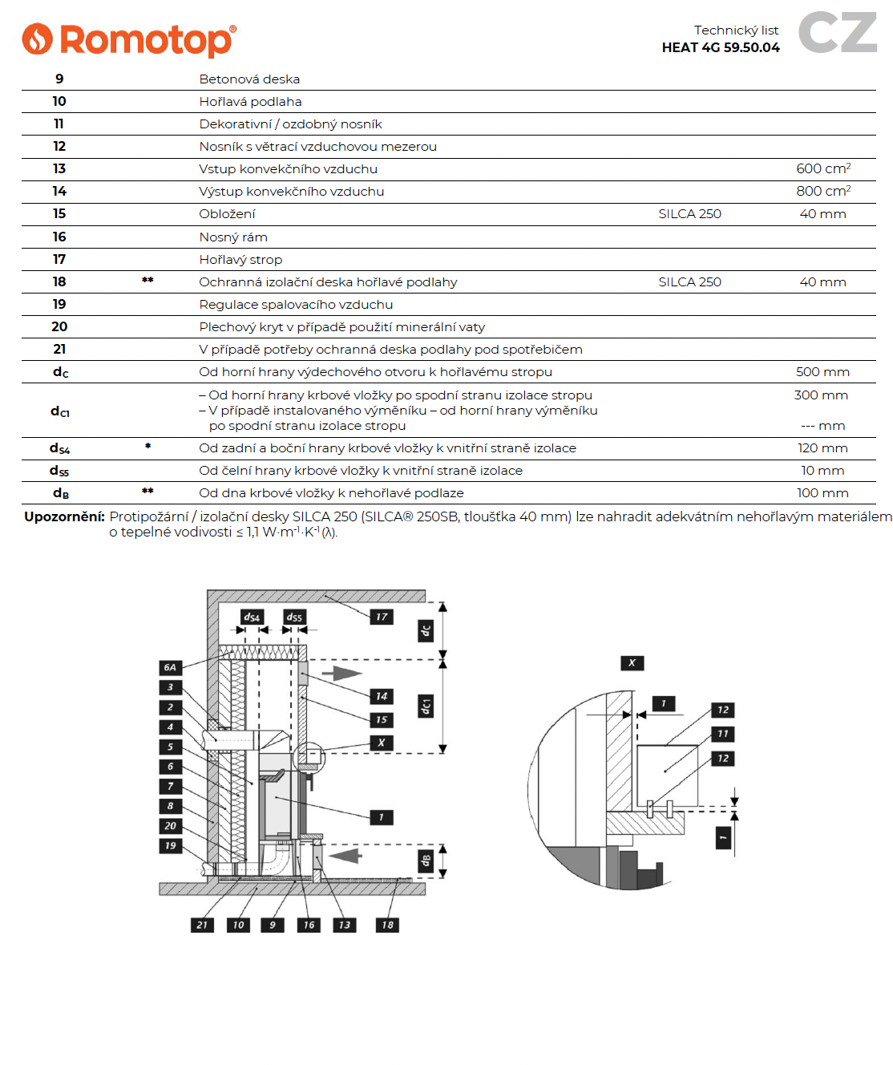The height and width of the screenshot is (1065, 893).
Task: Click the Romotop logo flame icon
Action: (37, 38)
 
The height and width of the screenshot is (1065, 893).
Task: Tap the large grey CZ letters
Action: (838, 33)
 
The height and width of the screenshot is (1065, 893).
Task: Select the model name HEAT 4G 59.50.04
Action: (720, 47)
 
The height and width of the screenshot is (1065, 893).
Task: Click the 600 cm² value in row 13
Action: (822, 168)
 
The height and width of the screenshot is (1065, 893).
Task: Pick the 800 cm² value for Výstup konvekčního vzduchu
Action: (822, 191)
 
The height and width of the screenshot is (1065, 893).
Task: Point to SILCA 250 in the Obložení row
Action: (689, 214)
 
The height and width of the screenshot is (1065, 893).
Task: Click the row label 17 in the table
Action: (59, 259)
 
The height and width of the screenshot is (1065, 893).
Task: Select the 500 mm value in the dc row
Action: (822, 372)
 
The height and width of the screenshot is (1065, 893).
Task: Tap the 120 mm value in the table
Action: (822, 448)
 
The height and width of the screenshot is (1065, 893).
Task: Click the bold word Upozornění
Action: (64, 516)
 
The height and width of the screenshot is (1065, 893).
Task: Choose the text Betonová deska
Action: (249, 79)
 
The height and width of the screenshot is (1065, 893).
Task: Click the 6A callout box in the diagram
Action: (170, 667)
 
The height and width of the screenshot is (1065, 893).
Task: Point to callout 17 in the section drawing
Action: (382, 617)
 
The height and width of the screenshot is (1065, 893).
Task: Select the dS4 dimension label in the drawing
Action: (252, 617)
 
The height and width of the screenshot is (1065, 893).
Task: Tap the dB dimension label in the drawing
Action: (426, 861)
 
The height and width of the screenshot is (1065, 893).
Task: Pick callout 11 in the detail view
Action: (723, 734)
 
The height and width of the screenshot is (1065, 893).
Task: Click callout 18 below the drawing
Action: (388, 925)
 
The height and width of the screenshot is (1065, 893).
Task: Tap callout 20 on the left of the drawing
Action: (170, 826)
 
